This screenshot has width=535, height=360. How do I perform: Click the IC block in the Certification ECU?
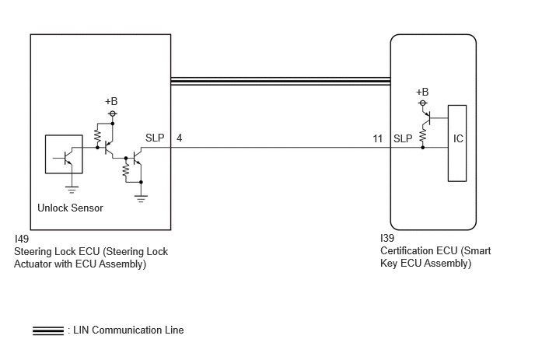(457, 143)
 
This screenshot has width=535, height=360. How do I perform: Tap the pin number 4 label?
(179, 138)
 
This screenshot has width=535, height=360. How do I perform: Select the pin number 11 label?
(377, 138)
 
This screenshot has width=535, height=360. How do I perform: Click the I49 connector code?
(22, 239)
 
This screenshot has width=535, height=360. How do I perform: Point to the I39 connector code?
(387, 238)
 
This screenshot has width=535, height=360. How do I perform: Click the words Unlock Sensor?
(70, 208)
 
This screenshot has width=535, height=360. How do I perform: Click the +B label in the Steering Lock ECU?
(111, 101)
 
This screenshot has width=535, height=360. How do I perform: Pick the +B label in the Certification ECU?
(422, 92)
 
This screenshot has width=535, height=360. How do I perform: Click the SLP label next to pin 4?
(155, 138)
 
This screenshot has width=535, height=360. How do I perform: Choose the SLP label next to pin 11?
(403, 138)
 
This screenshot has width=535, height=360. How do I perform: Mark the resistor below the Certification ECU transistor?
(423, 135)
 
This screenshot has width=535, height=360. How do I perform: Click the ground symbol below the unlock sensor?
(72, 190)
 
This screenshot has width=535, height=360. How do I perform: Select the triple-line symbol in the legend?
(48, 330)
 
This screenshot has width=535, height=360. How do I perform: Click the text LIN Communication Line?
(128, 330)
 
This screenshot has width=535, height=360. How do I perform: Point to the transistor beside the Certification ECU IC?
(426, 117)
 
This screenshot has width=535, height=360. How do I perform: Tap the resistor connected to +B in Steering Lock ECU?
(97, 136)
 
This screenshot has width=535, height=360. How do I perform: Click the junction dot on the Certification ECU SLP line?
(423, 148)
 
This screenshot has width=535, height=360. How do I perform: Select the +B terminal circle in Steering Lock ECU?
(113, 114)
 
